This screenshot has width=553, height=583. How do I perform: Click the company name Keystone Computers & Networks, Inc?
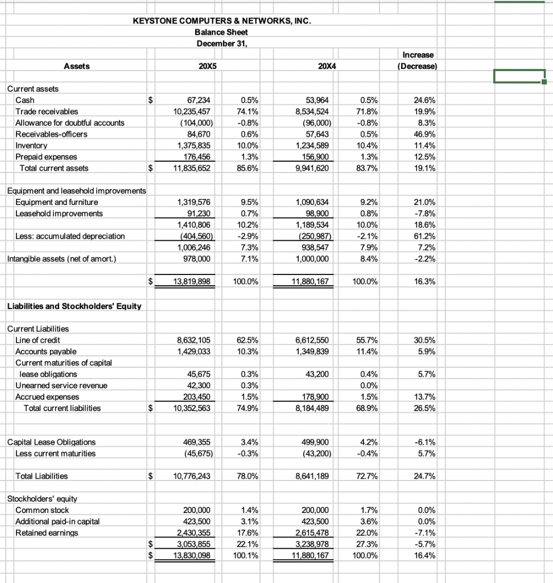(x=222, y=21)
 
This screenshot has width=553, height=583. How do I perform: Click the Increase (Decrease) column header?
(x=418, y=60)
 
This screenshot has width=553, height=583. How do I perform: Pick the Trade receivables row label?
(x=47, y=112)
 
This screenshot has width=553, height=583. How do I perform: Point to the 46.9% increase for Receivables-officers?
(x=425, y=134)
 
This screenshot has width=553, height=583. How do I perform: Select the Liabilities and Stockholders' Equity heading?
(x=74, y=306)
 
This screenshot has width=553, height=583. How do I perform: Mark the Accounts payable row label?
(x=46, y=351)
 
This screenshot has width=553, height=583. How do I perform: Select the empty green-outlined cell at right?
(x=519, y=76)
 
